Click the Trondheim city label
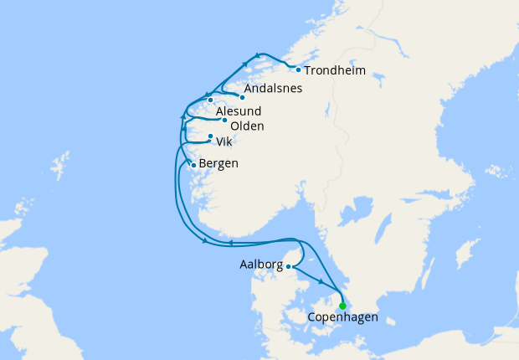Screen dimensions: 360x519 335,71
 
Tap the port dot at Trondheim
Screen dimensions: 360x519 298,69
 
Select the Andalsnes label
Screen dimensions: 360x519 273,89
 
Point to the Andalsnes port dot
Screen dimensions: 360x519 242,96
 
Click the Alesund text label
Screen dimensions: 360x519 239,111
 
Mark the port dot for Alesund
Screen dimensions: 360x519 210,101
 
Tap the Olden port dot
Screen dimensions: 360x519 224,121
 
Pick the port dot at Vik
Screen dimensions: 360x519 210,136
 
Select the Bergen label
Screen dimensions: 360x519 219,162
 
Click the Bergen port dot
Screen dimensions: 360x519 194,165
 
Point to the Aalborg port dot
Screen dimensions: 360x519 289,267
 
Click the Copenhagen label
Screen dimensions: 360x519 343,318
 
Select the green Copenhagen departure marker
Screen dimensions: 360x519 342,306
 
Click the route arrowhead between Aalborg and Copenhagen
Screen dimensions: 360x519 321,283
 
